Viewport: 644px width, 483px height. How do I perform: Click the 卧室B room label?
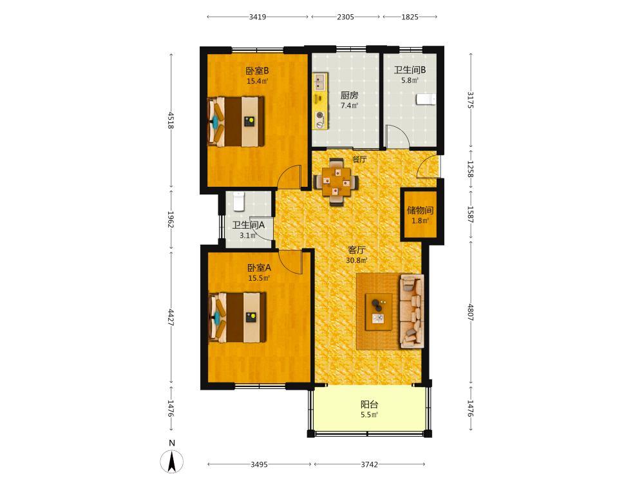point(257,71)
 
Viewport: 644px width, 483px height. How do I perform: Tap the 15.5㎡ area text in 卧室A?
point(259,278)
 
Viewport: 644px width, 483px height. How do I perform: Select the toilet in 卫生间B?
point(426,99)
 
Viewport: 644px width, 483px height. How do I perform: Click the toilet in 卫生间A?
point(239,201)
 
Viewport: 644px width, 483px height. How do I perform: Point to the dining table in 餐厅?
point(336,182)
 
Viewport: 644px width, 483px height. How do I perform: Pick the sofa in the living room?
point(412,311)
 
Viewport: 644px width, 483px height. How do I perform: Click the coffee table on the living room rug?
point(378,312)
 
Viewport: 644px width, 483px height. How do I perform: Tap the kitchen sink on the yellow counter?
point(319,82)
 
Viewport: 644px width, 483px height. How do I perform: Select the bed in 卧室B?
point(236,122)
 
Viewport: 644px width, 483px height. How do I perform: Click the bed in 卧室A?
point(238,317)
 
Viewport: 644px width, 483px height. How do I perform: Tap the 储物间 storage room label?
point(420,211)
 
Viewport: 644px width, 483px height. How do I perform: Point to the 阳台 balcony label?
point(369,404)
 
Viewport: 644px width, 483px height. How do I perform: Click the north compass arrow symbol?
point(172,461)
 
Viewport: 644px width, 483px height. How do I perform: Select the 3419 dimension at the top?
point(258,17)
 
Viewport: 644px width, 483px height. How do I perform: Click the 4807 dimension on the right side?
point(471,312)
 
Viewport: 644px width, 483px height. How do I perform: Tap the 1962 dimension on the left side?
point(171,220)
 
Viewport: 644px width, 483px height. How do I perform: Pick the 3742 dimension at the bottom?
point(369,464)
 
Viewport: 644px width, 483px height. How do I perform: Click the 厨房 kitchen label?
point(349,95)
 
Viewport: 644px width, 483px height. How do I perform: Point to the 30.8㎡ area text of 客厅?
point(357,260)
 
